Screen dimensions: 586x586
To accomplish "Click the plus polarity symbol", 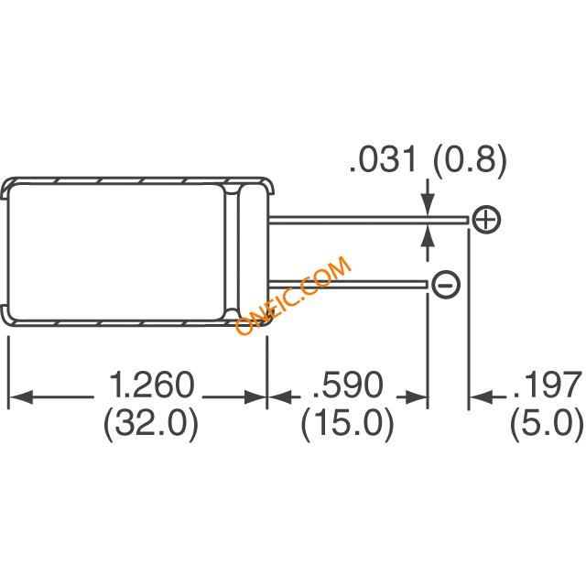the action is pos(486,220).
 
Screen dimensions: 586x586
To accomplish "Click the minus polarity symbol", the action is pos(446,285).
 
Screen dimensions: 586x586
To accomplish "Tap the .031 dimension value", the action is pos(383,159).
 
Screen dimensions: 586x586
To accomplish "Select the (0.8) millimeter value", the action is pos(470,160).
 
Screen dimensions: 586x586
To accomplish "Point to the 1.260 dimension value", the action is pos(152,385).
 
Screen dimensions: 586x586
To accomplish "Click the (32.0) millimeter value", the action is pos(150,425).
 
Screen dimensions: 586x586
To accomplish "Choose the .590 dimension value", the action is pos(348,385).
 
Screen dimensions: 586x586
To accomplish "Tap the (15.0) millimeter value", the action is pos(348,425).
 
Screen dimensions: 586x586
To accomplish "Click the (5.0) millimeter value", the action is pos(547,425).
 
